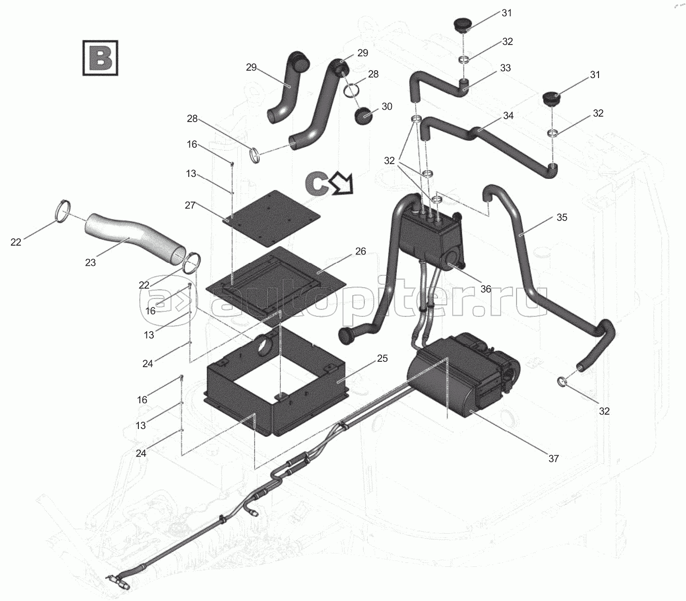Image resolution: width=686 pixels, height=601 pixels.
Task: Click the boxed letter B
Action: click(x=100, y=58)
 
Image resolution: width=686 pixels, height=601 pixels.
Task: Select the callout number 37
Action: click(x=553, y=459)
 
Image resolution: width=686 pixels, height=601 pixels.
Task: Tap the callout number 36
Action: click(x=485, y=289)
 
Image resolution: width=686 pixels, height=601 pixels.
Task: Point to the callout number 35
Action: click(x=562, y=217)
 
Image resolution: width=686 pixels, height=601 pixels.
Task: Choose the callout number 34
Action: click(x=508, y=116)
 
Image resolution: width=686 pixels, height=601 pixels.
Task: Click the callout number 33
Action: click(x=505, y=68)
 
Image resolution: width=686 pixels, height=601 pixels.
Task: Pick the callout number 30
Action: click(x=386, y=106)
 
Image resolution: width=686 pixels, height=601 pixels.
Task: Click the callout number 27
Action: click(x=190, y=205)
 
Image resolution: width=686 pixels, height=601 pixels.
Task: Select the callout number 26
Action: click(x=361, y=251)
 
